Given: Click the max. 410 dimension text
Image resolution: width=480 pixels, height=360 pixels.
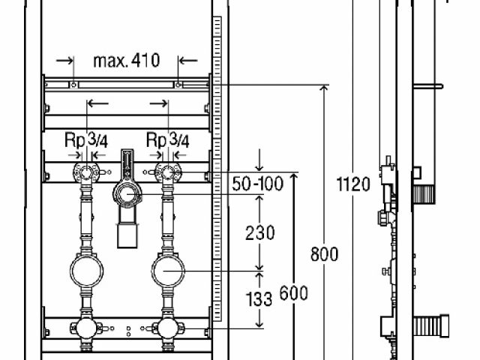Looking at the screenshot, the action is pos(127,61).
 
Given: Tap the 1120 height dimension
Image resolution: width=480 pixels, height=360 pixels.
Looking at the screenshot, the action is pos(353,184).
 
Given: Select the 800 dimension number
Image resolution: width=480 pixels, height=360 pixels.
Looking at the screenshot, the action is pos(324,254).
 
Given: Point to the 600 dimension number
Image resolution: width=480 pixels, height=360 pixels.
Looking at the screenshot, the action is pos(293,293).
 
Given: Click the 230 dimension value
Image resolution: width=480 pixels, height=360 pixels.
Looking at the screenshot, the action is pos(260,233).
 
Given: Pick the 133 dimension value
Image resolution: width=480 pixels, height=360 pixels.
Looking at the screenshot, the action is pos(259,299).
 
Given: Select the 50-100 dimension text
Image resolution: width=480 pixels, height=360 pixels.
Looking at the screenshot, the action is pos(257,184).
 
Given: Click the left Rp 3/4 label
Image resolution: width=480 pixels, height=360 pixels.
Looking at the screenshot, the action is pos(86,140).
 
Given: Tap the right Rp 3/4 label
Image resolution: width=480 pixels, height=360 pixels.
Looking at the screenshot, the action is pos(168,140).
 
